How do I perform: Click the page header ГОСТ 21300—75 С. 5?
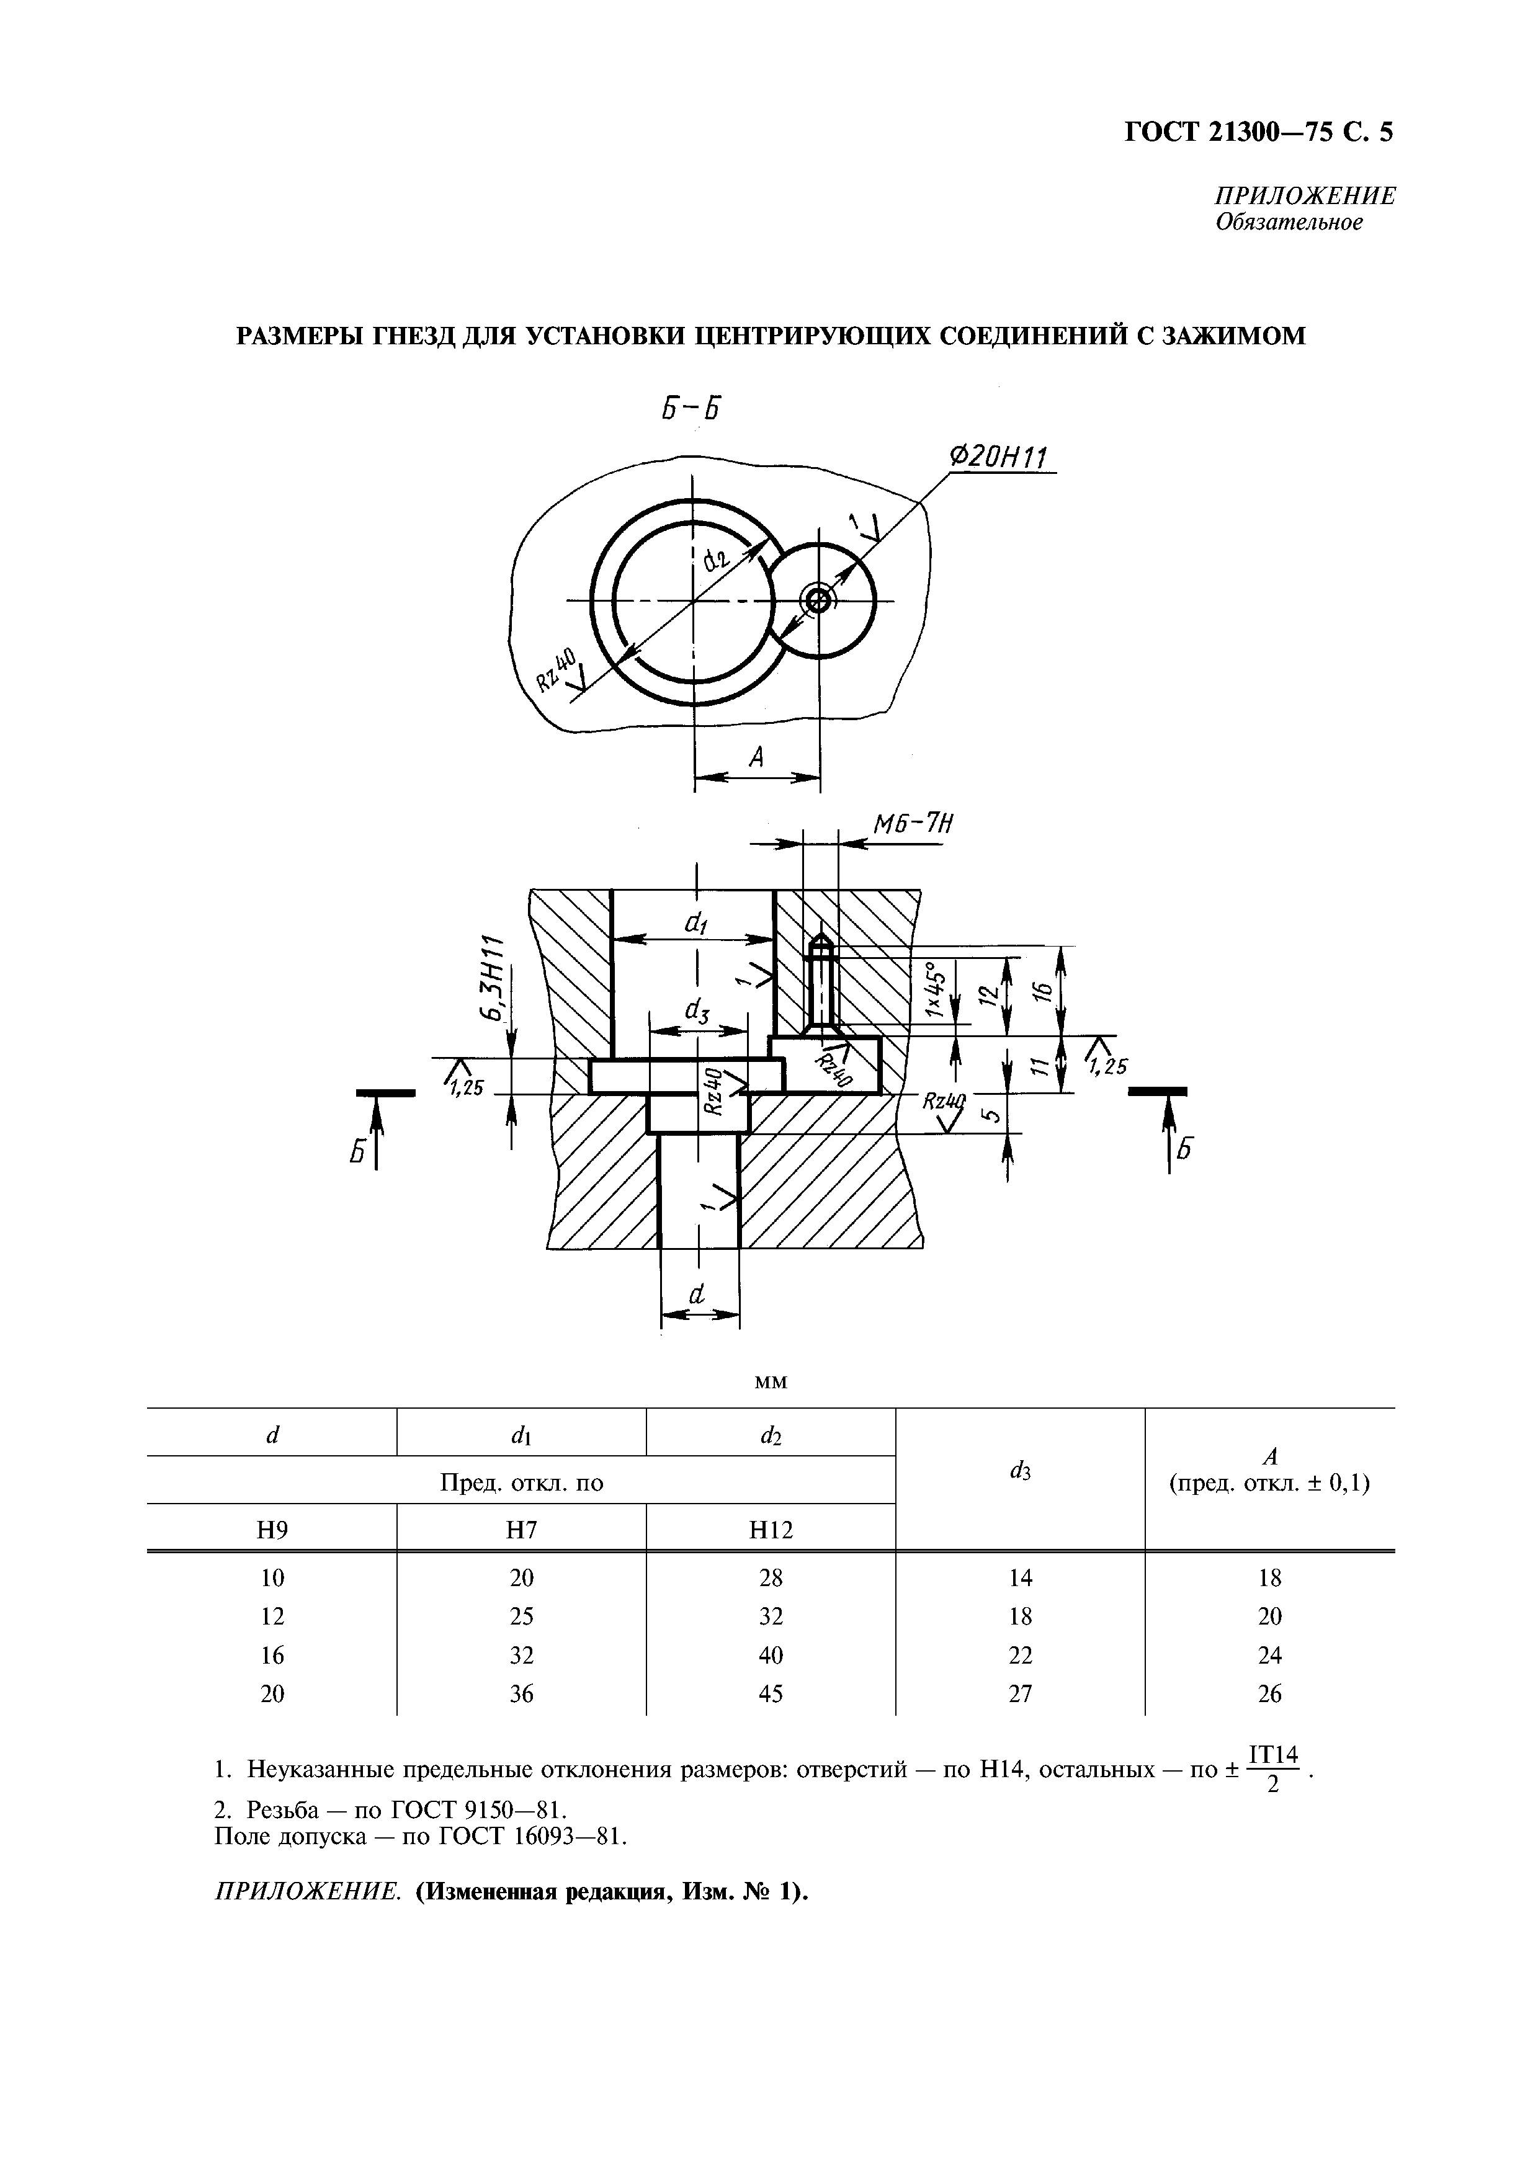click(1258, 133)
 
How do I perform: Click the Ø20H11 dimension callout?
click(997, 458)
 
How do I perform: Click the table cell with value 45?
click(771, 1693)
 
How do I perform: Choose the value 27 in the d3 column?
click(1020, 1693)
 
